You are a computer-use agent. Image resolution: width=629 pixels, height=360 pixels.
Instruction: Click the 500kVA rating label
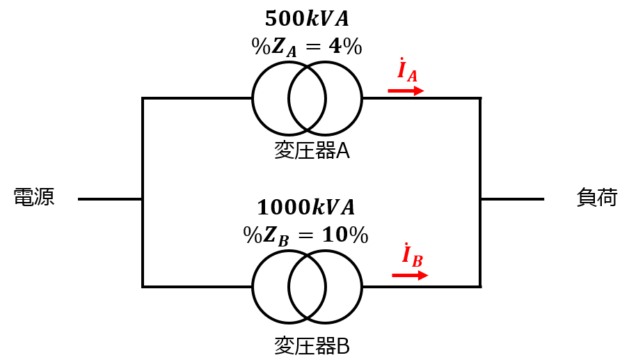point(307,19)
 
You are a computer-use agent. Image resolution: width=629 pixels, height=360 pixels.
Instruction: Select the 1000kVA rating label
point(306,207)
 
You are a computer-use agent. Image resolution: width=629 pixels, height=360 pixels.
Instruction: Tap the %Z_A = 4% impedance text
point(307,47)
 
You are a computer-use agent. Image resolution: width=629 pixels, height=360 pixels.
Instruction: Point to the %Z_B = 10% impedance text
point(305,235)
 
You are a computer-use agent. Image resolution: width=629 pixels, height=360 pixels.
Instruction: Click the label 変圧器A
point(312,151)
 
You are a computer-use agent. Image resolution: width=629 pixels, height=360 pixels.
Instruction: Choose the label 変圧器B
point(312,345)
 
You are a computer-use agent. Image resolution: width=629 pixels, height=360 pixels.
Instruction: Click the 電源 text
point(33,197)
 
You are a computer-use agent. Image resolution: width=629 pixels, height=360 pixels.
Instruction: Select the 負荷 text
point(597,197)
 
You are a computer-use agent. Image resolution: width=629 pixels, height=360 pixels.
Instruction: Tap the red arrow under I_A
point(406,91)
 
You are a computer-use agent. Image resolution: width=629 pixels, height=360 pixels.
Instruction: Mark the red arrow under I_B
point(410,275)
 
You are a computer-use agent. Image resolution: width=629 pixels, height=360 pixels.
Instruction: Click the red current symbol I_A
point(407,70)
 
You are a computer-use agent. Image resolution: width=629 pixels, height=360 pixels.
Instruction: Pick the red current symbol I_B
point(413,256)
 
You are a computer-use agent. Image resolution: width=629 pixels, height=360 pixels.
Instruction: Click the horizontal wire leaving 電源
point(110,198)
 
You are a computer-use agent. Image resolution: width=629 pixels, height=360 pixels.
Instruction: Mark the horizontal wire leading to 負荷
point(512,198)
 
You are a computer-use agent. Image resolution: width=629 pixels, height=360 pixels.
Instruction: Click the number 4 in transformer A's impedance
point(335,47)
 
